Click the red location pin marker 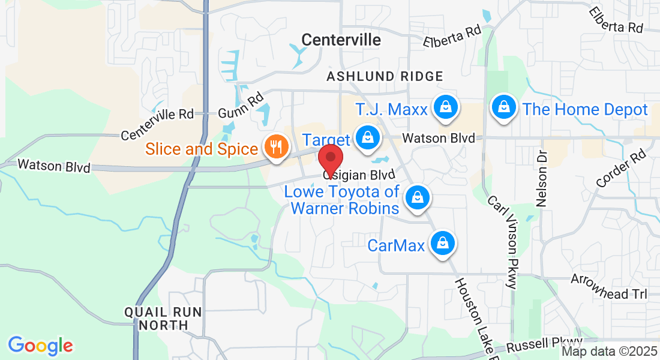click(x=330, y=158)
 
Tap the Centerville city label click(x=341, y=40)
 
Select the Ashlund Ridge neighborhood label click(x=385, y=76)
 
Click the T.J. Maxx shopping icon click(x=446, y=107)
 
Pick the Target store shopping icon click(x=365, y=137)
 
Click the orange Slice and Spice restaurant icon click(x=276, y=146)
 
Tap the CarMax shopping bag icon click(x=442, y=243)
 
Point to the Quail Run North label click(x=163, y=319)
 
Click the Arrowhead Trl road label click(x=608, y=287)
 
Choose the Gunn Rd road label click(x=241, y=105)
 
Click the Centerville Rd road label click(x=157, y=124)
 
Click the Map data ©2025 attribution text click(x=609, y=352)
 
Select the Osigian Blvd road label click(x=359, y=175)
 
